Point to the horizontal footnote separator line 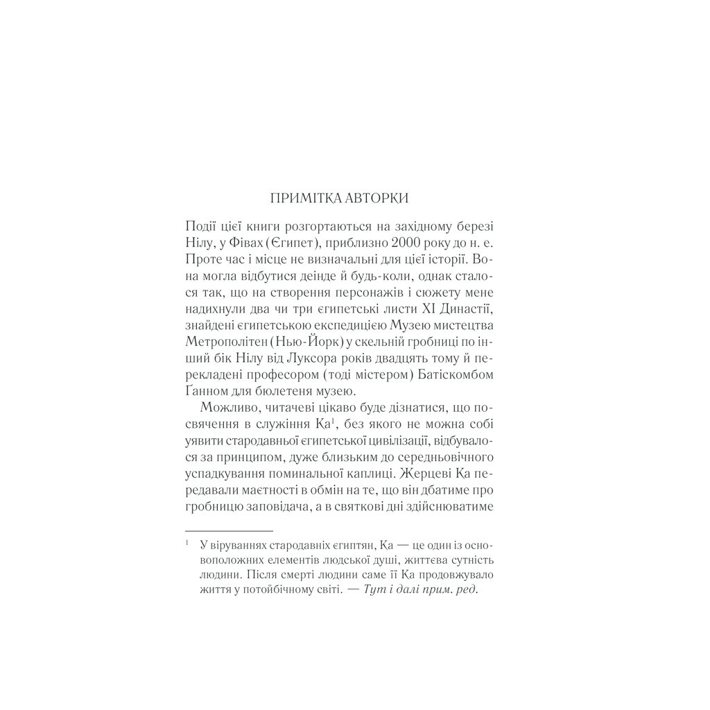(x=216, y=530)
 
